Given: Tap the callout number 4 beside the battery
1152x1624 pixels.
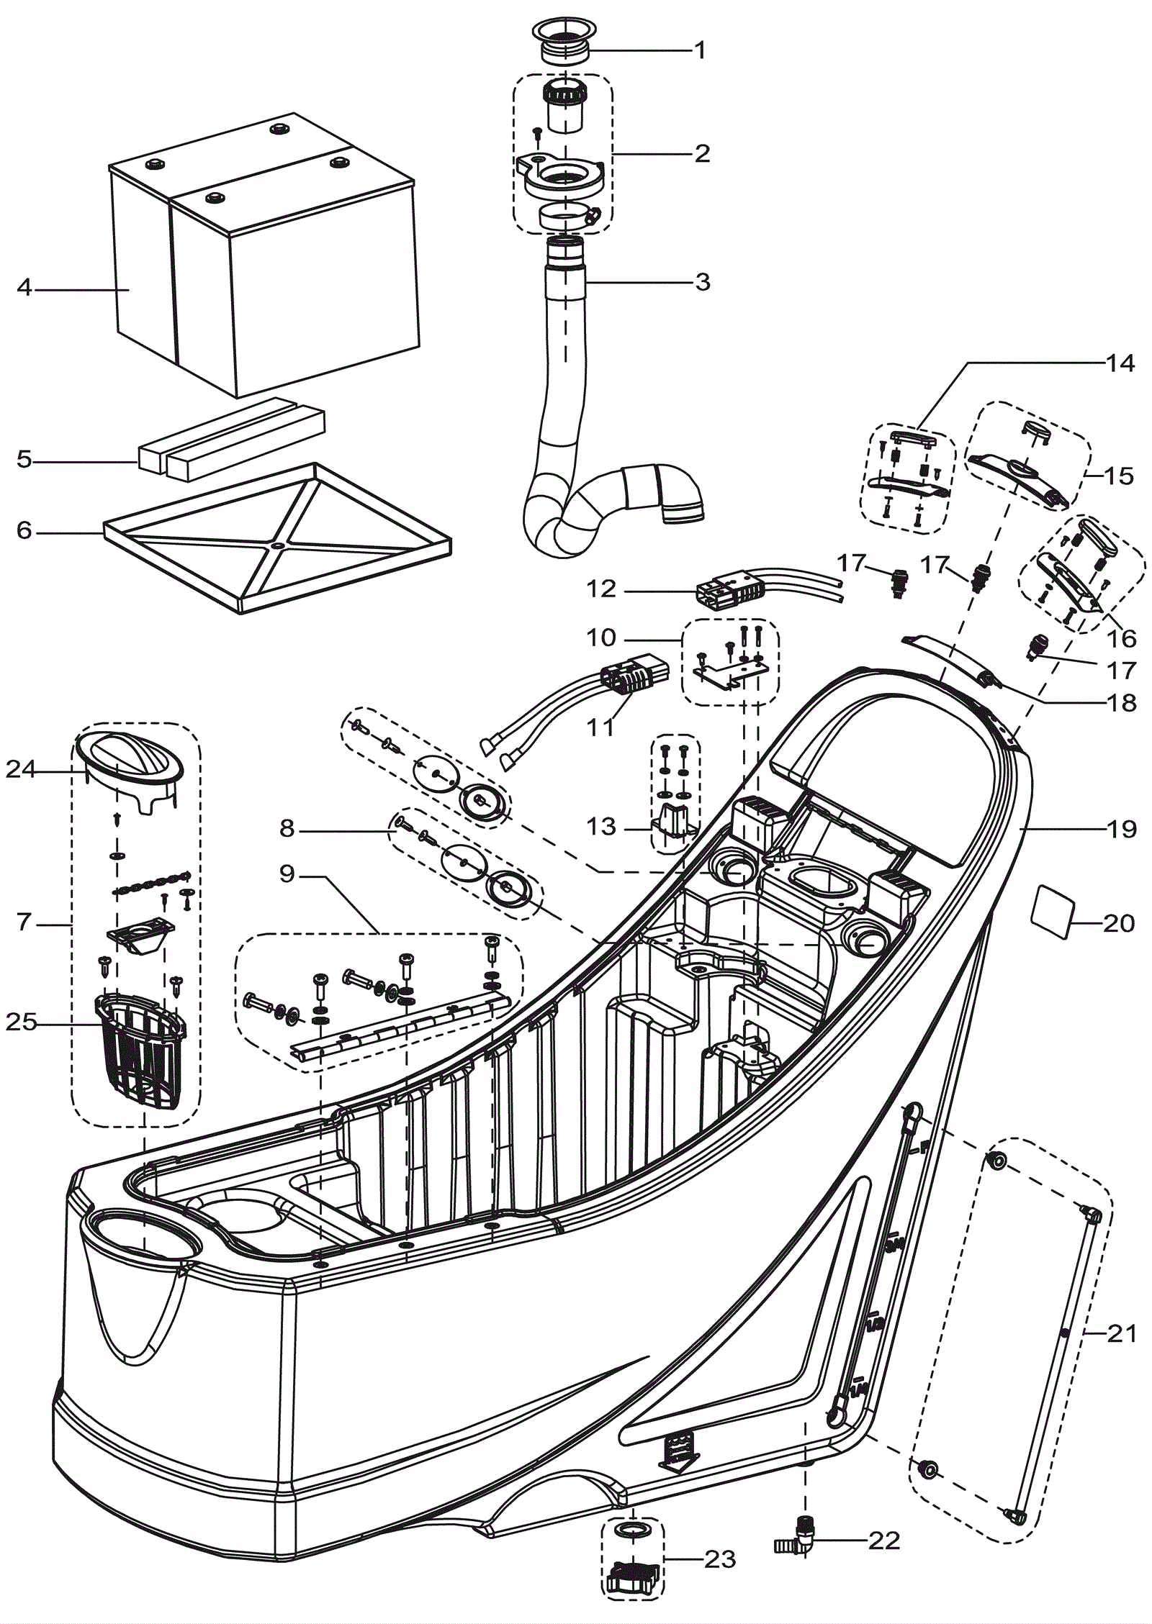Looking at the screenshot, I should coord(24,289).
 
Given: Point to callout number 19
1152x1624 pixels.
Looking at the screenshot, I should coord(1120,830).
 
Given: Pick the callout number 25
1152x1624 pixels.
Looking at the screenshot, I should coord(22,1022).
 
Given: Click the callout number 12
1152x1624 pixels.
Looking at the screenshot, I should coord(601,589).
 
